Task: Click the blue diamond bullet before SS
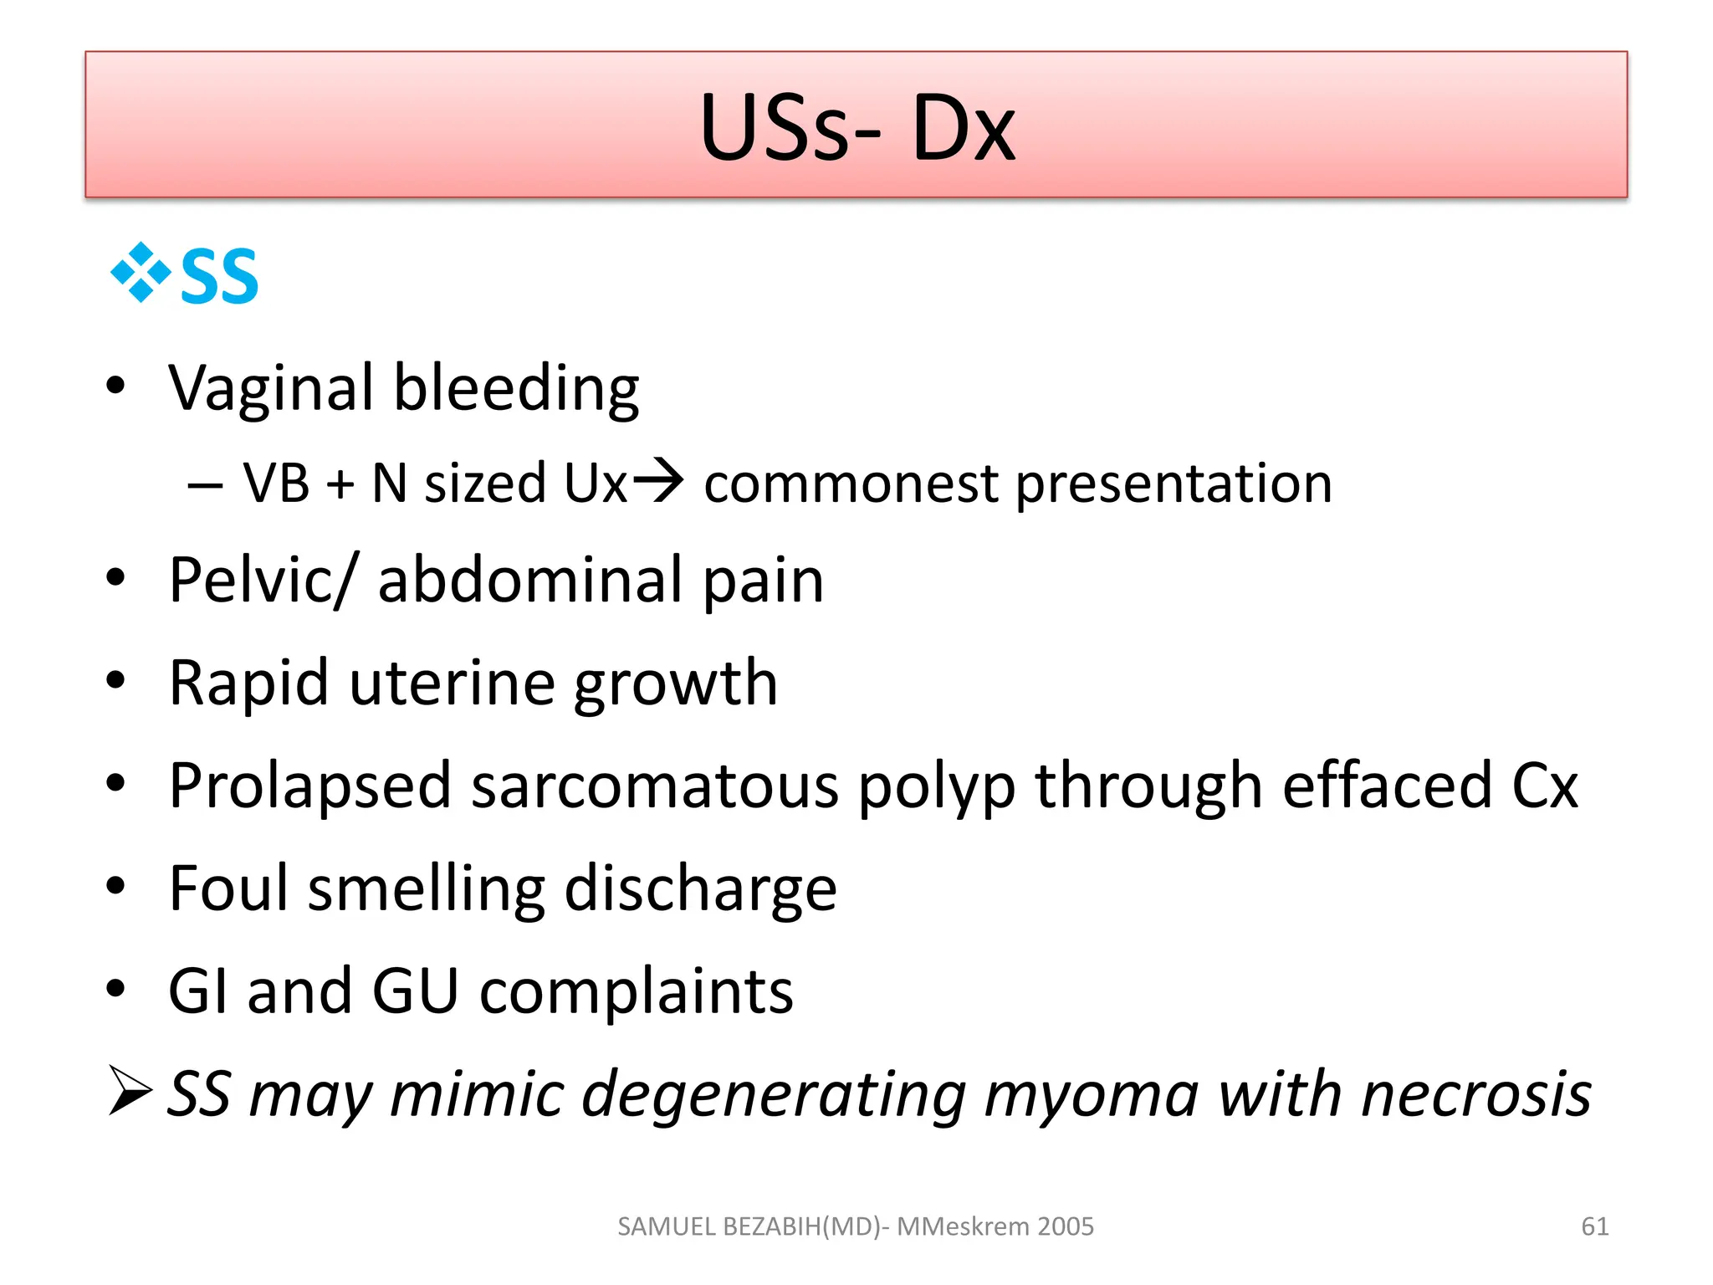(x=141, y=273)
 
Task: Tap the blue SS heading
(x=220, y=277)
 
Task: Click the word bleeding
(x=516, y=389)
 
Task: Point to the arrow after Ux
(x=658, y=482)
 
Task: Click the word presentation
(x=1174, y=485)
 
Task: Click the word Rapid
(x=248, y=683)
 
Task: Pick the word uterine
(x=452, y=683)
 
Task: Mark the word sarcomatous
(x=655, y=786)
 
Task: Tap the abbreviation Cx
(x=1545, y=786)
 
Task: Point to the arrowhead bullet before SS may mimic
(x=130, y=1091)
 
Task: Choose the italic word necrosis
(x=1475, y=1095)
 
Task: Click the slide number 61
(x=1594, y=1226)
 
